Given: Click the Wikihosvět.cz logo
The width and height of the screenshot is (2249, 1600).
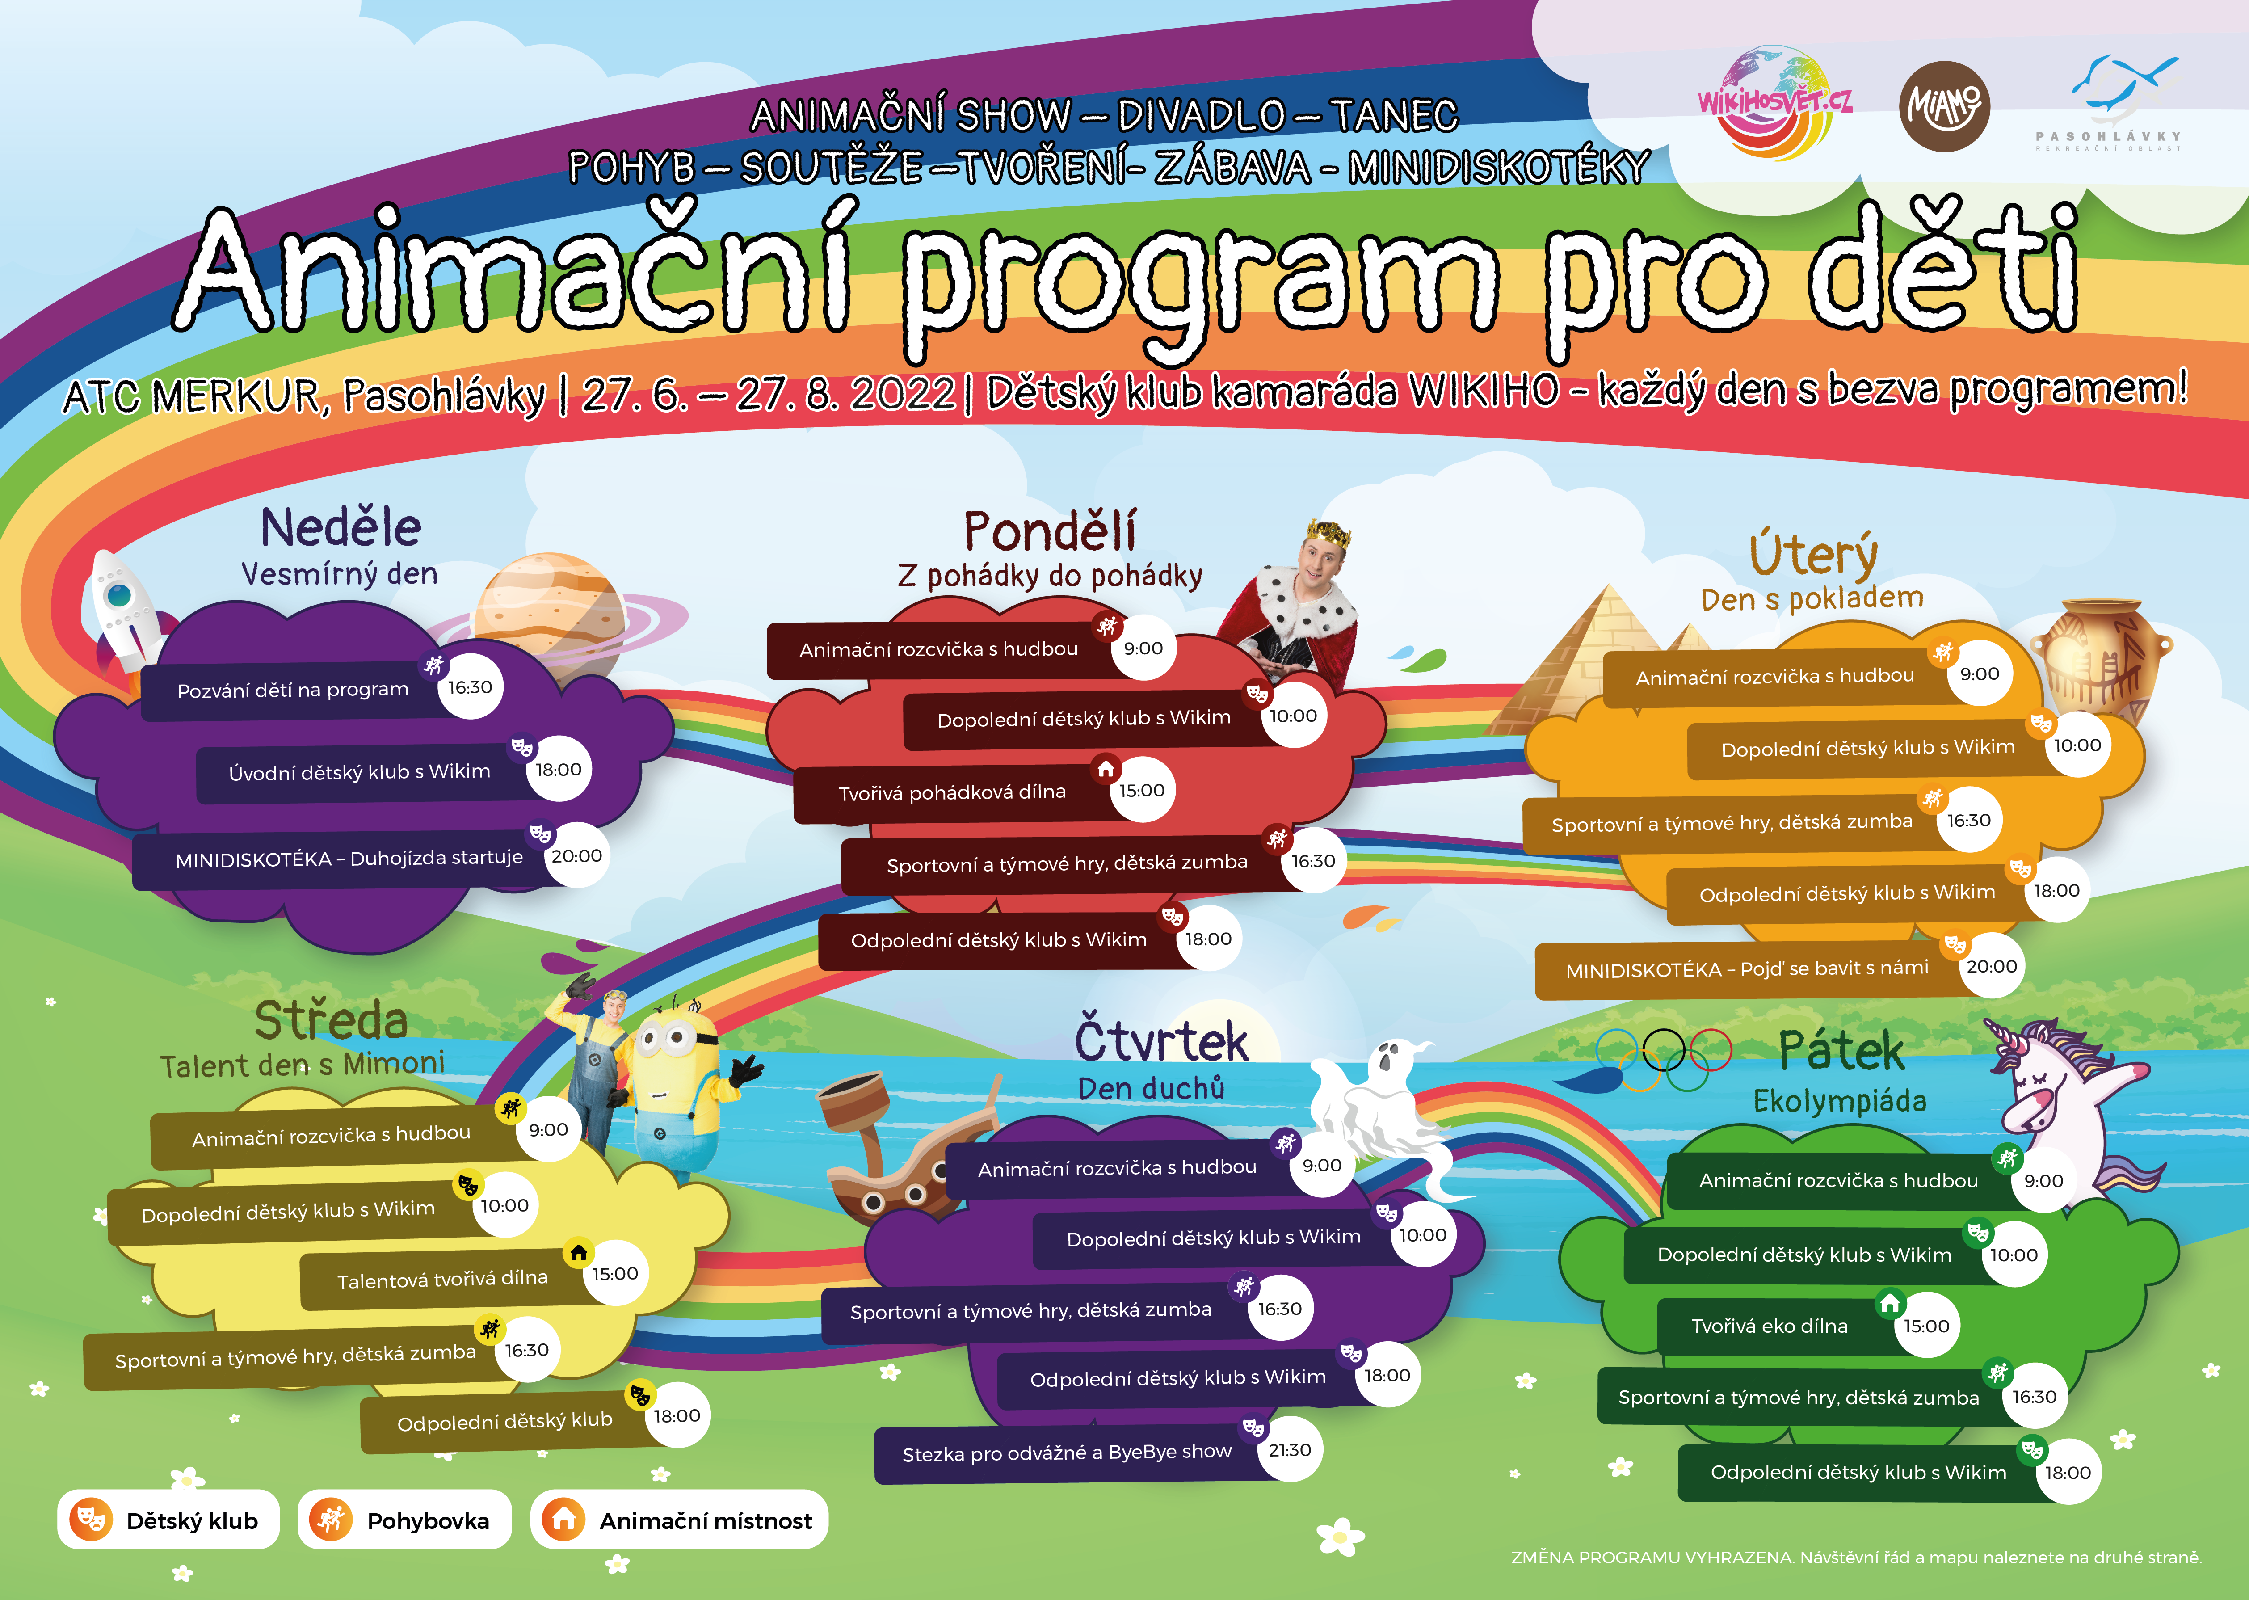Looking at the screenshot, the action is [1775, 103].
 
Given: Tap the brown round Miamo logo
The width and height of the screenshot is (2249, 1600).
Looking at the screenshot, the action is [1944, 106].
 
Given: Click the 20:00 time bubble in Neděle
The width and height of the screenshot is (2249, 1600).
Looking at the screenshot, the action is [576, 855].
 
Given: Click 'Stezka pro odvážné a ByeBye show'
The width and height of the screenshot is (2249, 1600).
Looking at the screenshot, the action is [1067, 1452].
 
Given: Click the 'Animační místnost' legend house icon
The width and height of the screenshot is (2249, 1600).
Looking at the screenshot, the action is [563, 1520].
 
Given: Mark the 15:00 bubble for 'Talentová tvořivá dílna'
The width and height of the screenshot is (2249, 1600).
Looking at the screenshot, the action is [615, 1273].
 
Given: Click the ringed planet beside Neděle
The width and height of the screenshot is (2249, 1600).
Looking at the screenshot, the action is [552, 616].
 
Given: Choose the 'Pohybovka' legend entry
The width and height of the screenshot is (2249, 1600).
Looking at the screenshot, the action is [404, 1520].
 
